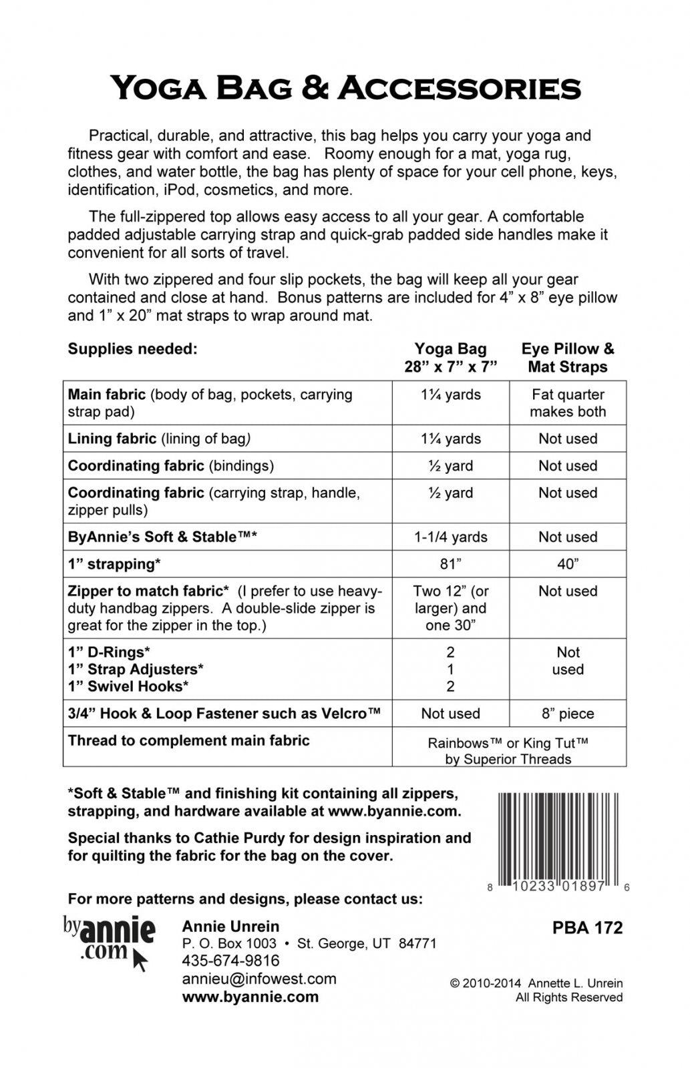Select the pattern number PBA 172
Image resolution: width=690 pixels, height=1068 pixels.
point(587,928)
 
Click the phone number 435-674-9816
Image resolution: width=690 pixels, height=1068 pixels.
point(230,961)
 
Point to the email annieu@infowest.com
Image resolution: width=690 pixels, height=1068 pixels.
point(258,979)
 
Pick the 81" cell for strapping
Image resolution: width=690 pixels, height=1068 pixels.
point(450,564)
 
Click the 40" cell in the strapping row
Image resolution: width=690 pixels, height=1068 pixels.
point(568,564)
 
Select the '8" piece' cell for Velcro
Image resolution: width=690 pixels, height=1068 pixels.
point(568,714)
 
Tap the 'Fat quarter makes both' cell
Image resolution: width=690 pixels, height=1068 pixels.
point(568,403)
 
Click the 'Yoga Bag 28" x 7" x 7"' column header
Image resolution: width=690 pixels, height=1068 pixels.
point(450,358)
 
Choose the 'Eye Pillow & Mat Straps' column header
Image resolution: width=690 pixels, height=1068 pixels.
point(568,358)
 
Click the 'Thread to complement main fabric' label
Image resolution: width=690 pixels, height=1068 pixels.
point(188,740)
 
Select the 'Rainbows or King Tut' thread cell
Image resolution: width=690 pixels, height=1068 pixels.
point(508,750)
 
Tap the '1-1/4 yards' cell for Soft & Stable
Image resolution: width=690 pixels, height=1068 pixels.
point(450,537)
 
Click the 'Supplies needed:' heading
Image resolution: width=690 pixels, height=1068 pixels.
point(132,348)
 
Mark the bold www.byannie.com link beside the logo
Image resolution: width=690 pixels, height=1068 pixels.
point(250,997)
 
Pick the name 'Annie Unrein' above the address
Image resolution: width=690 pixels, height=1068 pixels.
point(230,926)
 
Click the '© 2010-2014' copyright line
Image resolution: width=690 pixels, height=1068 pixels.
point(536,983)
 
